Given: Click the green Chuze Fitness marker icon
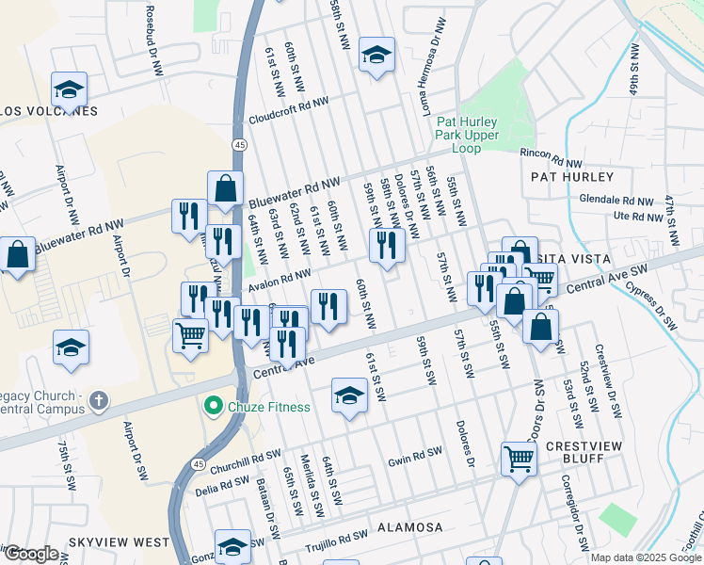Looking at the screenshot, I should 214,407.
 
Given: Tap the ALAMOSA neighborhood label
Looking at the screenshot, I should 410,528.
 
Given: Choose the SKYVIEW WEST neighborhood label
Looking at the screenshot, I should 119,543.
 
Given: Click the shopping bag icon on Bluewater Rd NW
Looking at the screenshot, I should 227,190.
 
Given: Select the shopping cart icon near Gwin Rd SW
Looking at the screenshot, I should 519,459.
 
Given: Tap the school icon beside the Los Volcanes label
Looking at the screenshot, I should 69,89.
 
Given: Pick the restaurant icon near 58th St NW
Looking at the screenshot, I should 387,245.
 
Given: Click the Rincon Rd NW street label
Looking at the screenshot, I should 552,153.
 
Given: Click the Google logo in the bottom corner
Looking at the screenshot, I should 31,554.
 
